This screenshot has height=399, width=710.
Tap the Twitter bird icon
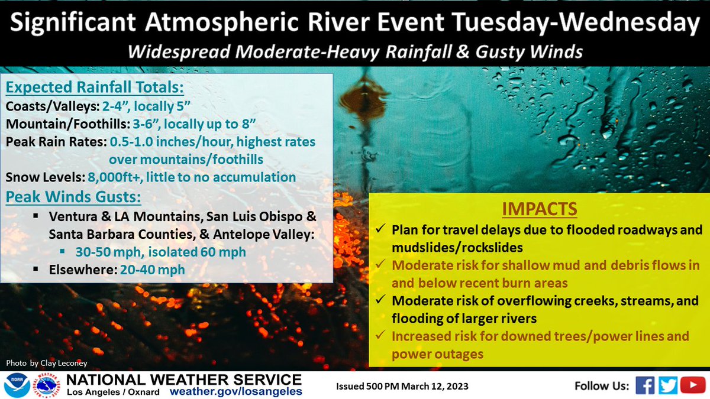tap(668, 385)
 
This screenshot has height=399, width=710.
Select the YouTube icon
tap(690, 385)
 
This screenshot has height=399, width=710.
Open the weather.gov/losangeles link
tap(235, 391)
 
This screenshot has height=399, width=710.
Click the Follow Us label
tap(601, 386)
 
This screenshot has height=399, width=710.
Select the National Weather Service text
tap(184, 379)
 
